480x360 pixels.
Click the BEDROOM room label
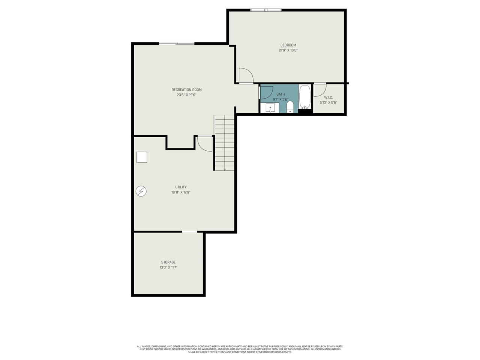[x=288, y=45]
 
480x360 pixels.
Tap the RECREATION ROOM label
[x=186, y=90]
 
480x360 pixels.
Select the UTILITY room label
[x=181, y=187]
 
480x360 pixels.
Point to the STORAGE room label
[x=168, y=262]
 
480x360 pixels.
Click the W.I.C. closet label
[x=328, y=97]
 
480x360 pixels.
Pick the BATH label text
[x=280, y=94]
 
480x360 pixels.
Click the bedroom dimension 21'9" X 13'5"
[x=288, y=50]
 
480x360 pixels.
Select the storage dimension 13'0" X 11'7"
[x=168, y=267]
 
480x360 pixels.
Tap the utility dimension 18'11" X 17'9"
[x=181, y=192]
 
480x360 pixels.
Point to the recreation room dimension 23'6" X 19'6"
[x=186, y=95]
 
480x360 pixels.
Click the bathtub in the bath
[x=304, y=97]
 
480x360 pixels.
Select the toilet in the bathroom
[x=290, y=107]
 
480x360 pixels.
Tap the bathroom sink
[x=270, y=108]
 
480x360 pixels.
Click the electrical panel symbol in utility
[x=141, y=191]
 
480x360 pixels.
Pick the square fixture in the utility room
[x=142, y=157]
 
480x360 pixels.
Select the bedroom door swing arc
[x=250, y=73]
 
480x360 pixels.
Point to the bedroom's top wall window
[x=266, y=10]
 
